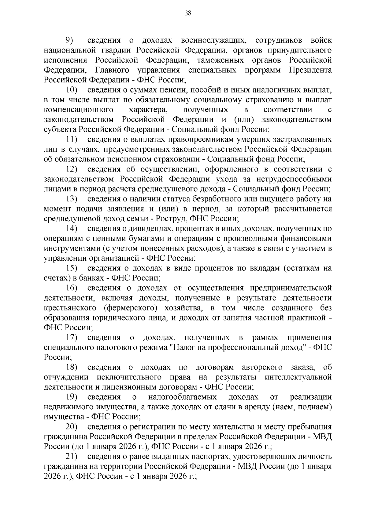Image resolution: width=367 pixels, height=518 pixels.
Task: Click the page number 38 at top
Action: [x=188, y=13]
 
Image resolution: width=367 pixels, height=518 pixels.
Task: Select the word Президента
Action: [x=310, y=70]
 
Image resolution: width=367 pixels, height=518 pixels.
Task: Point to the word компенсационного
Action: [x=79, y=110]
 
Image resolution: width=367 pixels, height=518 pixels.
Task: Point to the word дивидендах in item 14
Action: [x=148, y=229]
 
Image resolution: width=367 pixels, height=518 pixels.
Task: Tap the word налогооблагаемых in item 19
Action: [x=182, y=397]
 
